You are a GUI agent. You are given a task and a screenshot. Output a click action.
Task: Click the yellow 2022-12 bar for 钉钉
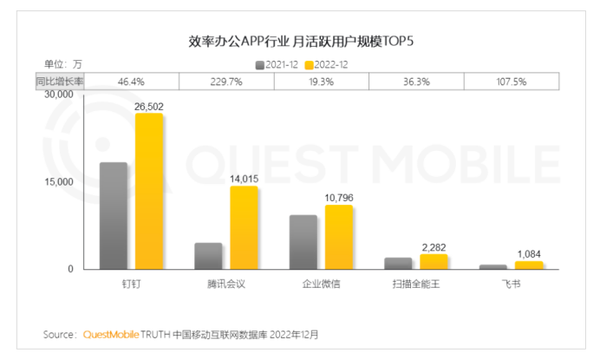(x=148, y=191)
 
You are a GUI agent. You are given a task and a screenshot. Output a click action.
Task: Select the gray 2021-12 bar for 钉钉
(x=114, y=216)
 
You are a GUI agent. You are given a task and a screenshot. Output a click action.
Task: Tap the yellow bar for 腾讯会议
(x=244, y=227)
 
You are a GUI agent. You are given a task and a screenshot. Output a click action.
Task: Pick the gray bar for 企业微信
(x=303, y=242)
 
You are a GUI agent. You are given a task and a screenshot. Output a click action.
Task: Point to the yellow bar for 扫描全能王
(x=434, y=261)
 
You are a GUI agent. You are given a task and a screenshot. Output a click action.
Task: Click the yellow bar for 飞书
(x=528, y=265)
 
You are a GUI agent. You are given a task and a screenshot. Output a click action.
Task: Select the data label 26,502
(x=149, y=107)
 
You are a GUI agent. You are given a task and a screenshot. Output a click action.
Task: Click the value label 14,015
(x=245, y=179)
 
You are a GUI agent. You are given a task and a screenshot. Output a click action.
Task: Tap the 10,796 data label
(x=339, y=198)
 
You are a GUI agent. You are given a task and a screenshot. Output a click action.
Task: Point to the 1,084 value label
(x=529, y=254)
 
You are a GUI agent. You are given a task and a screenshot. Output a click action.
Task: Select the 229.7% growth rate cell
(x=226, y=81)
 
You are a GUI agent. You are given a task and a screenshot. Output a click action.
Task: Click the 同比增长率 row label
(x=57, y=81)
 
